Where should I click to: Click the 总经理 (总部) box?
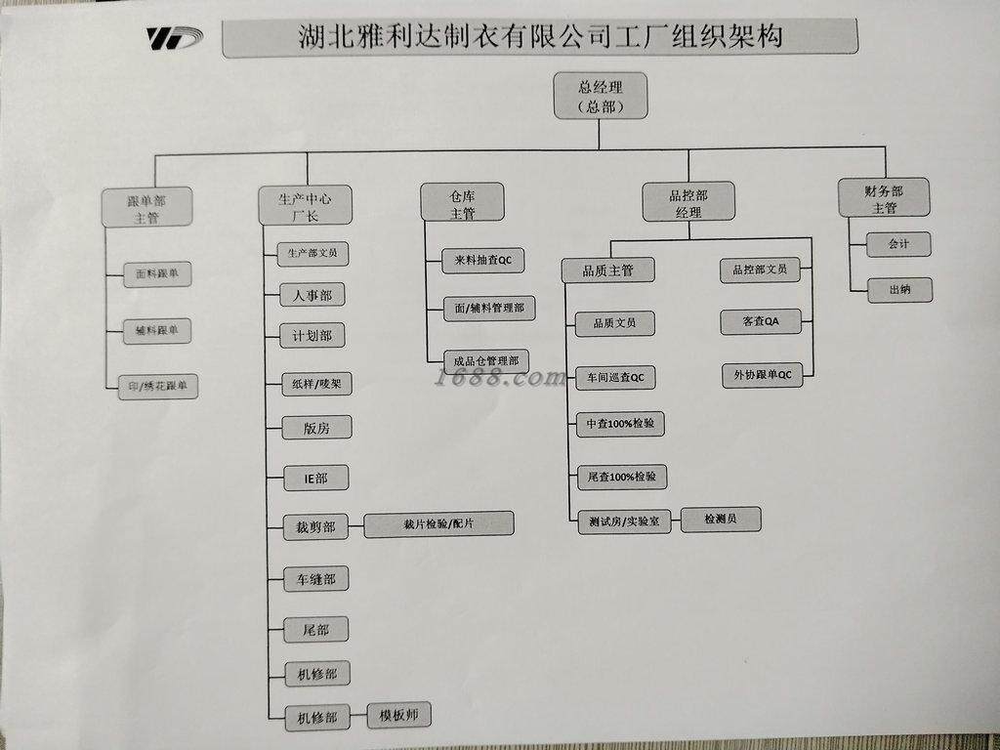pyautogui.click(x=601, y=96)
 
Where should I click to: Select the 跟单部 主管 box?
pyautogui.click(x=146, y=207)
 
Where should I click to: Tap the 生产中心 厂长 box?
pyautogui.click(x=305, y=205)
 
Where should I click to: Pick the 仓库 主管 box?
pyautogui.click(x=462, y=203)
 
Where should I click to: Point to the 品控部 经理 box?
pyautogui.click(x=688, y=202)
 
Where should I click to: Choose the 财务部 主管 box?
pyautogui.click(x=884, y=198)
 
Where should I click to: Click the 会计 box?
pyautogui.click(x=898, y=244)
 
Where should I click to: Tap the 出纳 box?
pyautogui.click(x=899, y=289)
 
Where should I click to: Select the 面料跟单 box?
pyautogui.click(x=157, y=274)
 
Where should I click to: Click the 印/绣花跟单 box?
pyautogui.click(x=158, y=387)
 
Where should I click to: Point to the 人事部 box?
pyautogui.click(x=312, y=295)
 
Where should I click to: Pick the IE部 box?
pyautogui.click(x=316, y=478)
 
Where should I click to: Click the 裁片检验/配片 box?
pyautogui.click(x=438, y=523)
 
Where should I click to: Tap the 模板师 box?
pyautogui.click(x=399, y=715)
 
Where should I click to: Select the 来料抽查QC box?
pyautogui.click(x=482, y=260)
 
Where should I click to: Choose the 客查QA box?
pyautogui.click(x=760, y=321)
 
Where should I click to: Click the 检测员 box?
pyautogui.click(x=721, y=520)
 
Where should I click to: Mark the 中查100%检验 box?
pyautogui.click(x=620, y=424)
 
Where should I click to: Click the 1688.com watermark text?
pyautogui.click(x=499, y=378)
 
